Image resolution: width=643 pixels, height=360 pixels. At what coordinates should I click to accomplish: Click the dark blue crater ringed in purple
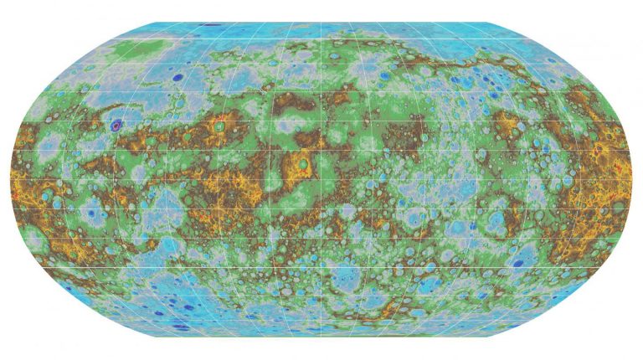116,126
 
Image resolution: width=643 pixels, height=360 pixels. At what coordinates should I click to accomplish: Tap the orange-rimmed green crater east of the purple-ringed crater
219,126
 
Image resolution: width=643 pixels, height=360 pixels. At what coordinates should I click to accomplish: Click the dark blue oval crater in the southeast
518,263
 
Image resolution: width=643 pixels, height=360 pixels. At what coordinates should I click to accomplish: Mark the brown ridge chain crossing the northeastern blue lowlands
494,63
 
